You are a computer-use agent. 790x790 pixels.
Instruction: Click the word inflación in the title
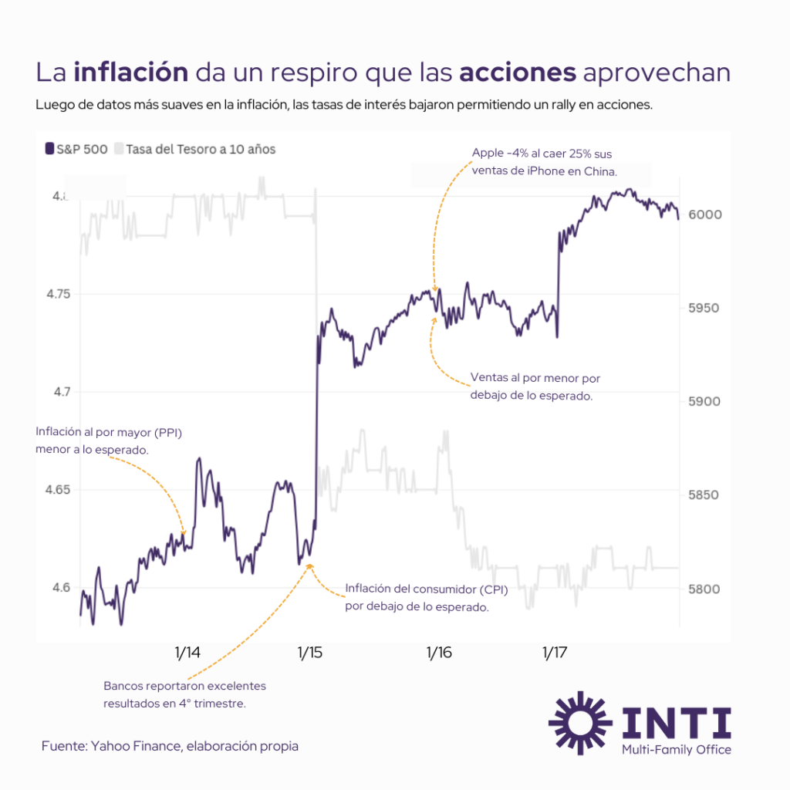tap(131, 73)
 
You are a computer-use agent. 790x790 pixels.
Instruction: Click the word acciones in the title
tap(518, 73)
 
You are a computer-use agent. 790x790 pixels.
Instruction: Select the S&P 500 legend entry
tap(76, 149)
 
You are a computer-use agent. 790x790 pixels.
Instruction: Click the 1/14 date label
tap(187, 653)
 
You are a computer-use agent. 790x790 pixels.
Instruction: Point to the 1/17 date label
tap(554, 653)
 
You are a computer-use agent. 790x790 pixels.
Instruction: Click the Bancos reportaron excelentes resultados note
tap(184, 694)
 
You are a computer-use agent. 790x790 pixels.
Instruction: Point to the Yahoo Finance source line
tap(170, 746)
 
